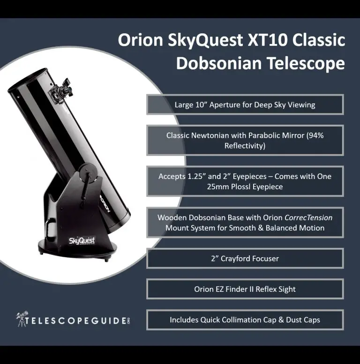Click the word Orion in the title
coord(140,41)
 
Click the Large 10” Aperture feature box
coord(245,104)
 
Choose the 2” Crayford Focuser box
coord(245,258)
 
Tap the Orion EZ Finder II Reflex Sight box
coord(245,289)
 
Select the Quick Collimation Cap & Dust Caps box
coord(245,320)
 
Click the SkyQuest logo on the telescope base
coord(82,241)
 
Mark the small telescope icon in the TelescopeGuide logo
coord(21,319)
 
